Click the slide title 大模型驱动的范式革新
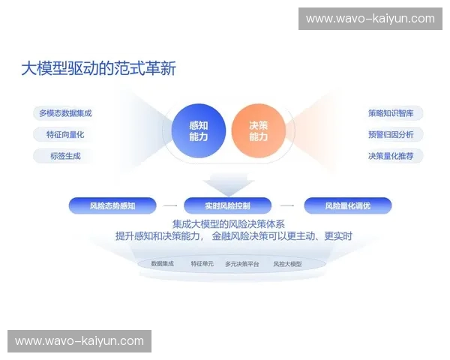tap(98, 69)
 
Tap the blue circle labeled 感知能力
tap(199, 131)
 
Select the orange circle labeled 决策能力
tap(258, 131)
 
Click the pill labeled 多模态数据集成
tap(65, 113)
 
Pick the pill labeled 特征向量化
tap(65, 135)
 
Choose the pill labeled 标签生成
tap(65, 156)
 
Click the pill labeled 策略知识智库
tap(395, 113)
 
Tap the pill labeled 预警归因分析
tap(395, 135)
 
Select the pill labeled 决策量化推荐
tap(395, 156)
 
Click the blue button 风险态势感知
tap(112, 205)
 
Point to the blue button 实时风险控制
tap(227, 205)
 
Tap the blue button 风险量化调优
tap(347, 205)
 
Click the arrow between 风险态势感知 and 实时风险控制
tap(170, 205)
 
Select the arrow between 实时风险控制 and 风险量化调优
tap(287, 205)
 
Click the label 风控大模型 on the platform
tap(286, 264)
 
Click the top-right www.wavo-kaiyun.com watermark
tap(370, 19)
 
